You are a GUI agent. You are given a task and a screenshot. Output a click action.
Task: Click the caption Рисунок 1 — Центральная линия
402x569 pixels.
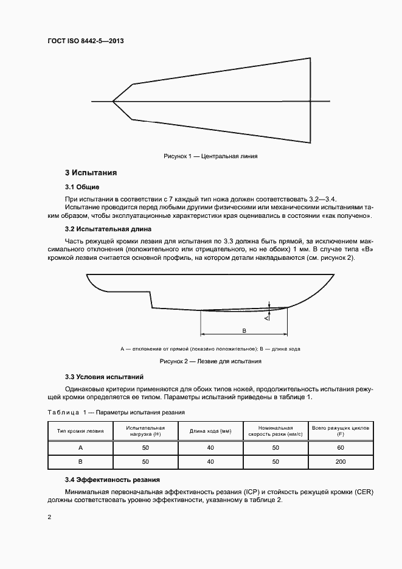(x=210, y=156)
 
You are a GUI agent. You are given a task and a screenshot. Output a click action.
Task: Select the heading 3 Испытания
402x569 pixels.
(x=91, y=173)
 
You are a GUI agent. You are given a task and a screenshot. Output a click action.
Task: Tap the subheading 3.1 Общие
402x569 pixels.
(x=82, y=186)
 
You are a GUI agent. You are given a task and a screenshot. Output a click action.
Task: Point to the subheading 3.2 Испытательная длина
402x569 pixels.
(x=108, y=229)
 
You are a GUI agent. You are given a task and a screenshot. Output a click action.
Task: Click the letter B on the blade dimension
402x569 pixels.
(x=244, y=330)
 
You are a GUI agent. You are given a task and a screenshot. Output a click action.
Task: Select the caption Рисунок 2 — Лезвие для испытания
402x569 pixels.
(x=210, y=361)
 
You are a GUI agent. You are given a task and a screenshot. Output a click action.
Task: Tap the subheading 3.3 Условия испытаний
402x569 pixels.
(x=104, y=377)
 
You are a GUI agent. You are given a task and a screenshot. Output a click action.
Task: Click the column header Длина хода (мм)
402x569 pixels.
(x=210, y=431)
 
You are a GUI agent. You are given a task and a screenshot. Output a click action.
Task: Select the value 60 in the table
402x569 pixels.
(x=340, y=447)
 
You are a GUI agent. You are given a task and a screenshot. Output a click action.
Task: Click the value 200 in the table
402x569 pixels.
(x=340, y=462)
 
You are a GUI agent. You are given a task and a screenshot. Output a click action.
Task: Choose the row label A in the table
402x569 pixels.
(x=80, y=447)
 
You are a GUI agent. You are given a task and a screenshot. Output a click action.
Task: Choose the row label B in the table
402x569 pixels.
(x=80, y=462)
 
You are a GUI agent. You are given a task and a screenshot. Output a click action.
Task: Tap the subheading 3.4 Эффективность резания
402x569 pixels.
(x=113, y=480)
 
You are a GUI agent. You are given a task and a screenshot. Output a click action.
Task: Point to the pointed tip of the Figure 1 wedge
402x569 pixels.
(x=113, y=101)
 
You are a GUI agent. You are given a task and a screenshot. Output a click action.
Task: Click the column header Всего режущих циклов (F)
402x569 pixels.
(x=340, y=431)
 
